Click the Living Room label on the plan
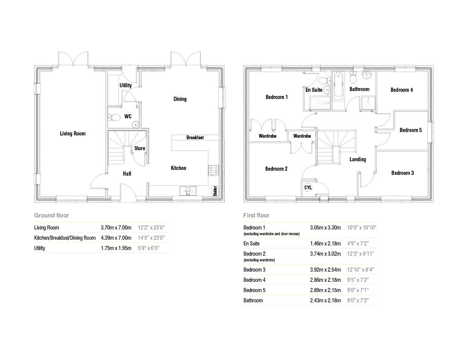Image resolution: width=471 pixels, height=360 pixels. tap(72, 134)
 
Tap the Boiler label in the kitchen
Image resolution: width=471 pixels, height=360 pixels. tap(215, 191)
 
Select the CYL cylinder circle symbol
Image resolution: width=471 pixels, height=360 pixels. tap(308, 188)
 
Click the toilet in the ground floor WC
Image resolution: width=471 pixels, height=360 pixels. tap(114, 118)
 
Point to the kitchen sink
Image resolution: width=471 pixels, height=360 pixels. tap(188, 191)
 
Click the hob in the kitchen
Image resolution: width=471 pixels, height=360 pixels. tap(213, 171)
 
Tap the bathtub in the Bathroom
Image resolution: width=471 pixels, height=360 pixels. tap(339, 85)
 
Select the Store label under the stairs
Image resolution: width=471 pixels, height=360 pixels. tap(140, 148)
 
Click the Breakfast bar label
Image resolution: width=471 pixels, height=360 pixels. tap(195, 137)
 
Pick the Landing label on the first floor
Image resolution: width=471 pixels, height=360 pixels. tap(358, 159)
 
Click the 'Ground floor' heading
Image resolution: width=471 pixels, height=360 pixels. tap(52, 215)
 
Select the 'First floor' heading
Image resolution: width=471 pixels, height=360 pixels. tap(256, 215)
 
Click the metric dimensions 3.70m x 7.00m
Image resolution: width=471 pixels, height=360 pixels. tap(116, 228)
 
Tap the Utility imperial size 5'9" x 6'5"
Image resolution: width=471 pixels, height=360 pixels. tap(148, 248)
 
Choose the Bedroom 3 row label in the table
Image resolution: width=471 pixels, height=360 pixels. tap(254, 269)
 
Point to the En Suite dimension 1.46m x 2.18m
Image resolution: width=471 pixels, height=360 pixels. tap(325, 244)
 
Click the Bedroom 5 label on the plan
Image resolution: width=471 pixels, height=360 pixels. tap(411, 130)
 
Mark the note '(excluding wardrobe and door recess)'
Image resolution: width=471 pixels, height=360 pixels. tap(272, 234)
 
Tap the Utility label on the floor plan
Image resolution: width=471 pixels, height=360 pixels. tap(126, 85)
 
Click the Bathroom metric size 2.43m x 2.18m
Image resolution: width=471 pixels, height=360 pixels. tap(325, 300)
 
